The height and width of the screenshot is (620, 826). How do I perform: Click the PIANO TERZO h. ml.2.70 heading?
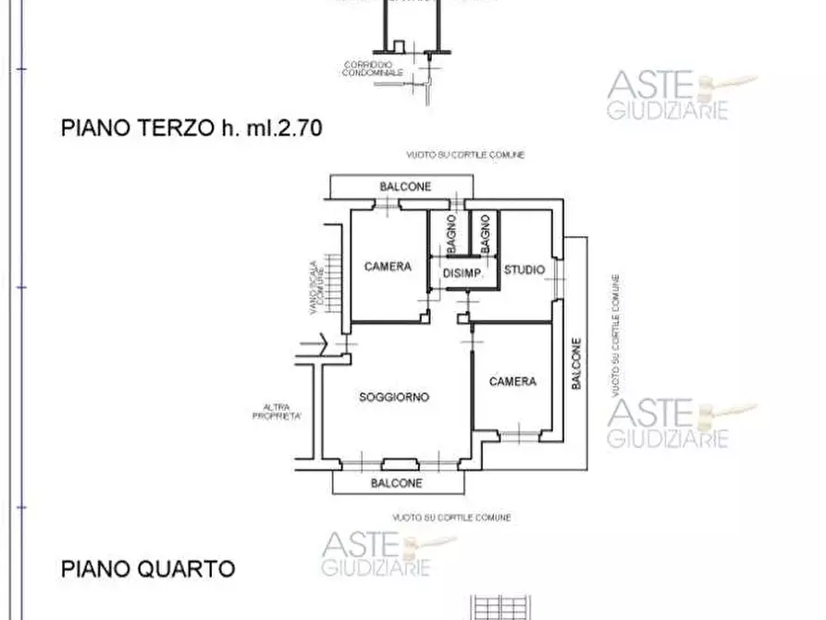point(191,129)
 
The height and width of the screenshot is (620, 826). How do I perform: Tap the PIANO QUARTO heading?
point(148,567)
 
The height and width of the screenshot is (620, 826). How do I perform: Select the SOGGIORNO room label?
point(393,398)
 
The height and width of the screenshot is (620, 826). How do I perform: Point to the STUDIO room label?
point(524,270)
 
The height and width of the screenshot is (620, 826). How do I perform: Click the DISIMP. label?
point(462,272)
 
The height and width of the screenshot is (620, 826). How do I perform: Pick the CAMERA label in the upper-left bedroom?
point(388,267)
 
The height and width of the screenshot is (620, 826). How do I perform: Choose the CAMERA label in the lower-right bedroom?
point(512,381)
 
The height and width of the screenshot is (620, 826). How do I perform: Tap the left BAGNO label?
point(449,232)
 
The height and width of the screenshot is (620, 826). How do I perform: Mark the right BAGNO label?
point(484,232)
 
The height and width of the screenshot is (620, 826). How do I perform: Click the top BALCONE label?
point(405,187)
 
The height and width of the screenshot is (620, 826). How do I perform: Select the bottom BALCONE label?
point(397,483)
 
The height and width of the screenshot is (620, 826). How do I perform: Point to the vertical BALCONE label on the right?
point(575,366)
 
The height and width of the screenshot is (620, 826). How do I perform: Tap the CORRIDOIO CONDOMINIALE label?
point(373,68)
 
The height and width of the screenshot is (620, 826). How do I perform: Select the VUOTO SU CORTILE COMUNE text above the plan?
point(465,155)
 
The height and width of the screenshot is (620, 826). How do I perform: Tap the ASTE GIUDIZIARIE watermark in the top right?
point(668,96)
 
